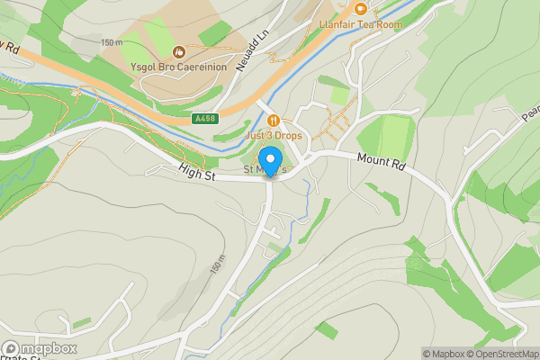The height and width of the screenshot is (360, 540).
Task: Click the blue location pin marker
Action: point(268,163)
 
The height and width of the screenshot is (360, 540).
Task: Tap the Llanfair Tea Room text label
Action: point(360,24)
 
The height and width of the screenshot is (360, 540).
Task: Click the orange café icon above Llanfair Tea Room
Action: point(360,9)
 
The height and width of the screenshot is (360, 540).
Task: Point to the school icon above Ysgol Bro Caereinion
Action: point(178,51)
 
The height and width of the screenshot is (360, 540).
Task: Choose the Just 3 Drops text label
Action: point(274,135)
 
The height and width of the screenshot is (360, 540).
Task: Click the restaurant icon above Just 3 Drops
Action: point(274,121)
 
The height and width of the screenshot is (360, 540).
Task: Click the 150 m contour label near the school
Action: point(111,42)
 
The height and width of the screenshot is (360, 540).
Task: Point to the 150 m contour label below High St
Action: point(217,265)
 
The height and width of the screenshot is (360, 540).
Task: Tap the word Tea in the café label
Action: point(364,24)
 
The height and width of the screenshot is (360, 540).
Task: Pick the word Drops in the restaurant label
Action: point(287,135)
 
